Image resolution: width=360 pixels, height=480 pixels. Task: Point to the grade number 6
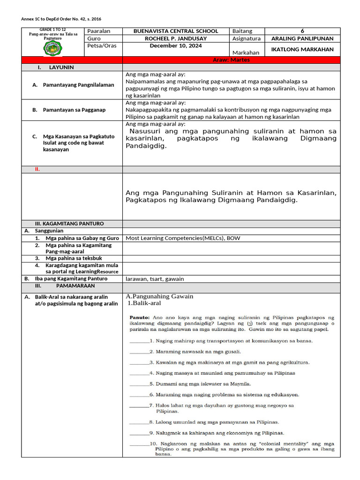click(302, 31)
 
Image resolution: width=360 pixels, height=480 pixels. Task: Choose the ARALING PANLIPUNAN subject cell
click(302, 38)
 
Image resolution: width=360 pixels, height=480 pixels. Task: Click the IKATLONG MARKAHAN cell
click(302, 49)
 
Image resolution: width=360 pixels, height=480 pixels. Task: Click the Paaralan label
click(99, 31)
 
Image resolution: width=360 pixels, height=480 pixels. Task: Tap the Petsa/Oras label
click(102, 46)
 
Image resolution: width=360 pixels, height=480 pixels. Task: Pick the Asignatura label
click(246, 38)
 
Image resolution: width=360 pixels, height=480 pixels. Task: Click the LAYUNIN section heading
click(61, 67)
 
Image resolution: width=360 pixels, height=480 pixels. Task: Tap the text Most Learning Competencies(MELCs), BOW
click(183, 238)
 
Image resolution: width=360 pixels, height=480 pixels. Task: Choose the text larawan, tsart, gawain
click(155, 278)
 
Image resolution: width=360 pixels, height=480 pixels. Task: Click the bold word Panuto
click(139, 317)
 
